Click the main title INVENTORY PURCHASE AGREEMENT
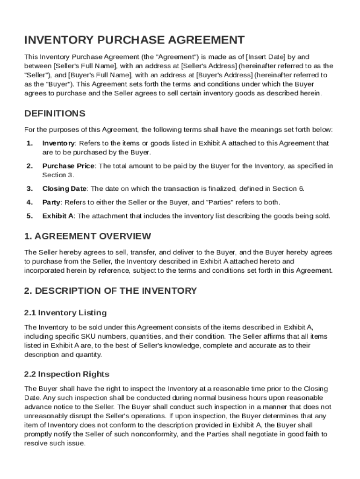(134, 40)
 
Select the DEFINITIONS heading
(55, 114)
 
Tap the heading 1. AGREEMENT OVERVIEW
(87, 236)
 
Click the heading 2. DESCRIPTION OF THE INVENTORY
(110, 291)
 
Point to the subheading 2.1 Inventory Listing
(65, 312)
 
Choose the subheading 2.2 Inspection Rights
(66, 374)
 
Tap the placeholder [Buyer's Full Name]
(99, 75)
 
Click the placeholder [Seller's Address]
(209, 66)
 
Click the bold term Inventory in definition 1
(58, 143)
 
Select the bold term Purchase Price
(68, 166)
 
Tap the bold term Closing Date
(64, 189)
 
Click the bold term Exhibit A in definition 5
(58, 216)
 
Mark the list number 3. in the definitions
(29, 189)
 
